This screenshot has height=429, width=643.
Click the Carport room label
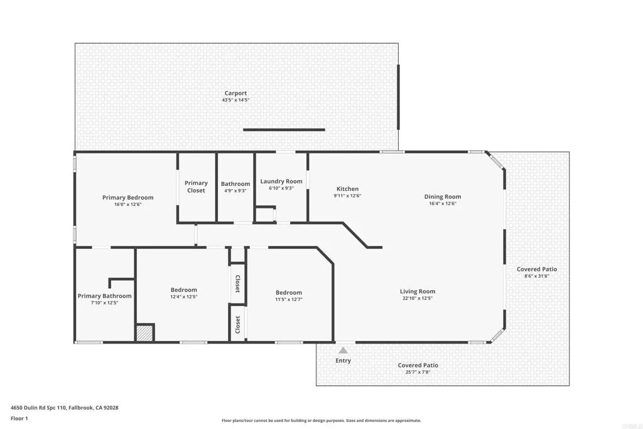tap(235, 93)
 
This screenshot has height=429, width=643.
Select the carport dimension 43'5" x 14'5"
tap(235, 100)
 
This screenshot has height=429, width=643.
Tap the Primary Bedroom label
tap(127, 197)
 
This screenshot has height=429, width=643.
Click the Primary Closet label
tap(196, 187)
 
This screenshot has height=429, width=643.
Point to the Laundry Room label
tap(281, 181)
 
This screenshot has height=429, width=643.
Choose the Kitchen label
tap(347, 188)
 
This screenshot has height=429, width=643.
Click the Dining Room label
tap(442, 196)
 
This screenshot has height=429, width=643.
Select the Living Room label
tap(418, 291)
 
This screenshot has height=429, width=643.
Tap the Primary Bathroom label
tap(104, 296)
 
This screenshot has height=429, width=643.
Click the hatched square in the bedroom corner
tap(145, 332)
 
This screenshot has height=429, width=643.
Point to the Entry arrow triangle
tap(343, 350)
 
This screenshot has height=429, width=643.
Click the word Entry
tap(343, 361)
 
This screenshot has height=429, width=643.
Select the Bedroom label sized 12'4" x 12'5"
tap(183, 290)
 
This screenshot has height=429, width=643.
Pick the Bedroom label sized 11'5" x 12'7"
tap(289, 292)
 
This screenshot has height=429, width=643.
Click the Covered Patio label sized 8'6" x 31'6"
tap(537, 269)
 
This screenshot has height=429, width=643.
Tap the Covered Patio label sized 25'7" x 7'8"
tap(418, 365)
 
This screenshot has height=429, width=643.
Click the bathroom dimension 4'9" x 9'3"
tap(235, 191)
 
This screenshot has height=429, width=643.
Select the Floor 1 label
tap(19, 418)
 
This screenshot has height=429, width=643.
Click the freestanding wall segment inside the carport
tap(284, 130)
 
